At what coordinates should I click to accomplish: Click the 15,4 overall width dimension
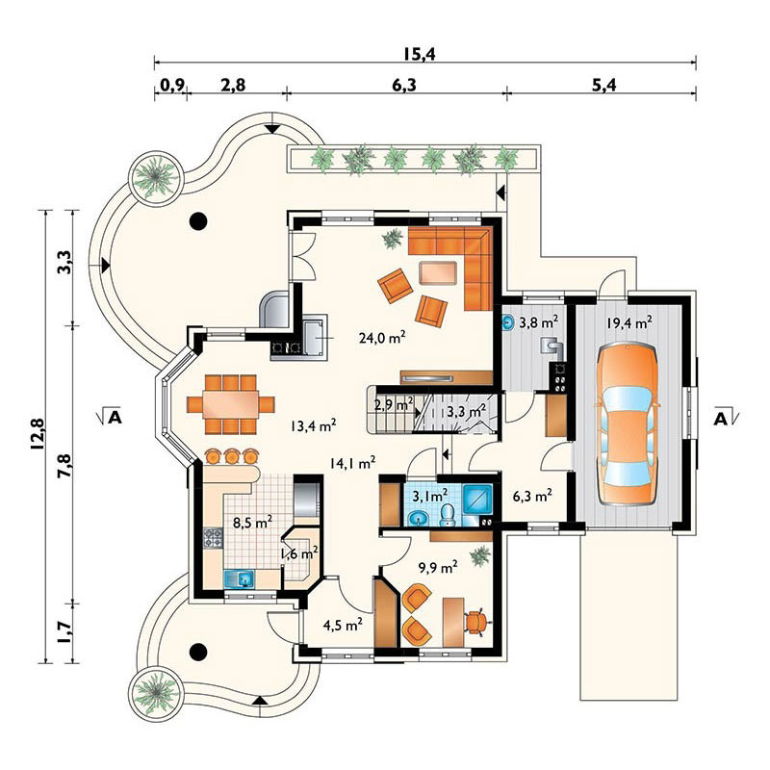click(420, 54)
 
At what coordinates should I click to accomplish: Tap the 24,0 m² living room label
click(382, 337)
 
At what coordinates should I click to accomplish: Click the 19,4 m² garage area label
click(629, 323)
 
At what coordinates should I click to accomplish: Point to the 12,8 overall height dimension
click(37, 434)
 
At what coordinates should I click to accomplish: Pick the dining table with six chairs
click(230, 404)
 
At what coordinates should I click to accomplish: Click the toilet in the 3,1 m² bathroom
click(447, 515)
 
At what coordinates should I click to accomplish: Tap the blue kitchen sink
click(239, 579)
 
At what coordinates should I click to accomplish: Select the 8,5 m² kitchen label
click(252, 522)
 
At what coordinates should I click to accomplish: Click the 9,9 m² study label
click(438, 568)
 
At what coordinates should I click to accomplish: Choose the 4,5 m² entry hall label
click(343, 625)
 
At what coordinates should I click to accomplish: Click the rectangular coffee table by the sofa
click(438, 272)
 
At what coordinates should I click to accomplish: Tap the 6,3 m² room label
click(532, 496)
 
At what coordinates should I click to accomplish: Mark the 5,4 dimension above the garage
click(603, 85)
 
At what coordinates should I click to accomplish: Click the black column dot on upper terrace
click(198, 221)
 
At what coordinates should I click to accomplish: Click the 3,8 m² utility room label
click(539, 322)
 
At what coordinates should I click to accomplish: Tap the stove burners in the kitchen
click(214, 537)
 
